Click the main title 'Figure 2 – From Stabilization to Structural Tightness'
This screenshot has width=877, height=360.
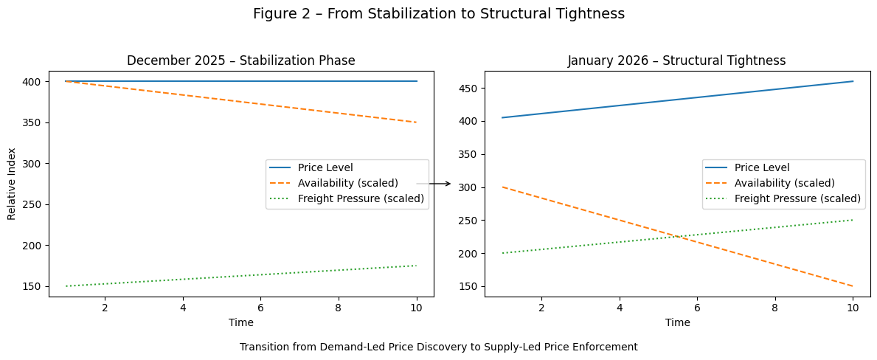(x=438, y=14)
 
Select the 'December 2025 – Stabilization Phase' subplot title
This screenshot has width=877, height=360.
(x=241, y=60)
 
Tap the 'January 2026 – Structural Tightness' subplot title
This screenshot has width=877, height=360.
(x=676, y=60)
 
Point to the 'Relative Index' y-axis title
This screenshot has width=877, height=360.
(x=12, y=184)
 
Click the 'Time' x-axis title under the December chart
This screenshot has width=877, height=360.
(x=241, y=322)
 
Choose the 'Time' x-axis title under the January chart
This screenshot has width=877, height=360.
(x=677, y=322)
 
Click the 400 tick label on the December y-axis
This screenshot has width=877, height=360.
(x=34, y=81)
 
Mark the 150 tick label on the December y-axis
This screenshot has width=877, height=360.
(x=34, y=286)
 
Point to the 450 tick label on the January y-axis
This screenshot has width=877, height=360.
(x=470, y=89)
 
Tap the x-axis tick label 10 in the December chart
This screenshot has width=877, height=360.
(x=416, y=307)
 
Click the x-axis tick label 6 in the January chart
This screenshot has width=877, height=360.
(x=697, y=307)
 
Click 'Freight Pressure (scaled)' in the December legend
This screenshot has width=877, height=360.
(x=361, y=198)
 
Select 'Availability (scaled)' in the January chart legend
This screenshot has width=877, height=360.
(x=784, y=183)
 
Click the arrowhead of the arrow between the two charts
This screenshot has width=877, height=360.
(x=448, y=184)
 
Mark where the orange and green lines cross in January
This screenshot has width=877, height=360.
(x=676, y=237)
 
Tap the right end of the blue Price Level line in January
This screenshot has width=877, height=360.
(x=853, y=81)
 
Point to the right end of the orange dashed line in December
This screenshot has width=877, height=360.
(x=417, y=122)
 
